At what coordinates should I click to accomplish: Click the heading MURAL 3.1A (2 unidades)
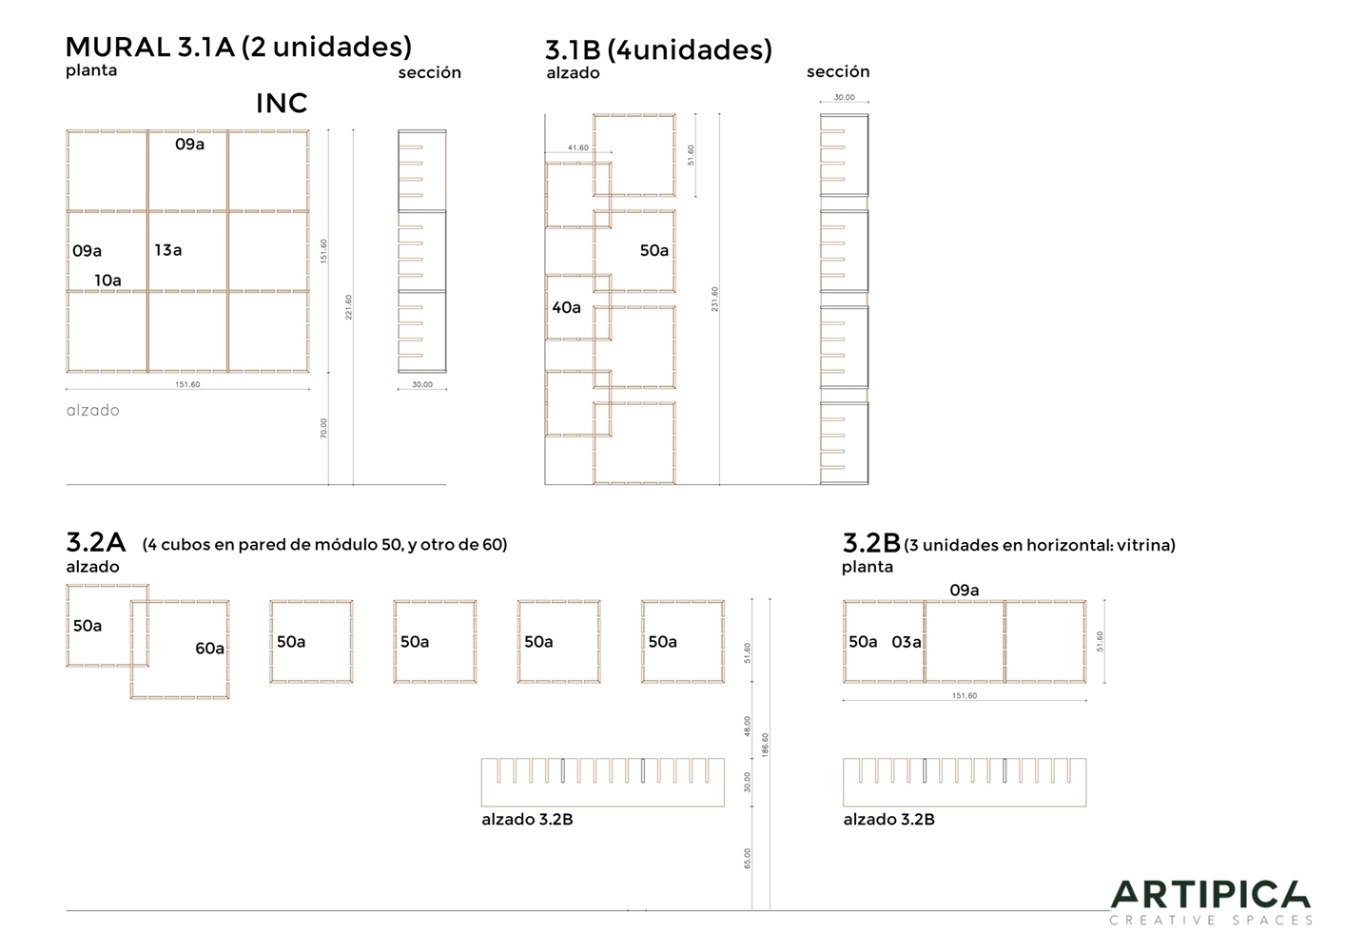click(239, 47)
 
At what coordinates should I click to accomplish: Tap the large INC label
click(282, 104)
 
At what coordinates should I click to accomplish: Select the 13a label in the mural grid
click(168, 250)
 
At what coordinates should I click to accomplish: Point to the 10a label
click(108, 280)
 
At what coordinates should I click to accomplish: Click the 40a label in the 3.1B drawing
click(566, 307)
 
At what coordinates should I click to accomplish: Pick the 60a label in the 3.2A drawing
click(209, 648)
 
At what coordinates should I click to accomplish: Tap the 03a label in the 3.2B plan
click(906, 642)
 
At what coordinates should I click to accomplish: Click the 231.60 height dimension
click(714, 299)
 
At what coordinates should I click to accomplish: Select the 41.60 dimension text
click(578, 147)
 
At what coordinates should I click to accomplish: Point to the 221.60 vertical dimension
click(348, 307)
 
